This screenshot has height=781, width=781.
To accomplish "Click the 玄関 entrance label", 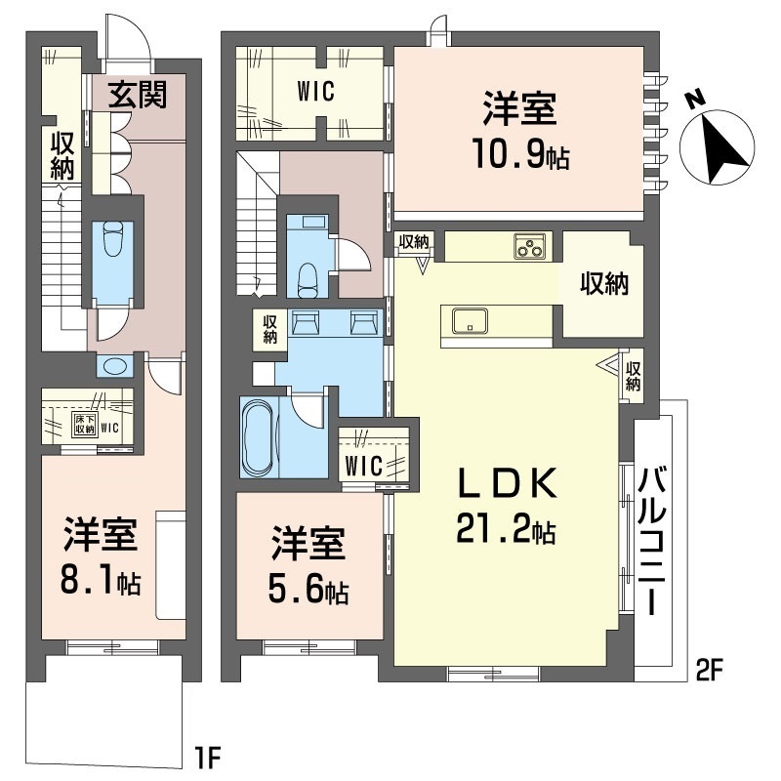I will tap(138, 95).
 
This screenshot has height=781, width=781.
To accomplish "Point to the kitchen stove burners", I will tap(532, 248).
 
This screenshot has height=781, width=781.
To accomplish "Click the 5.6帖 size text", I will tap(308, 590).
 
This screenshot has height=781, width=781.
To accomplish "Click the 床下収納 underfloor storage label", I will tap(85, 424).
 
